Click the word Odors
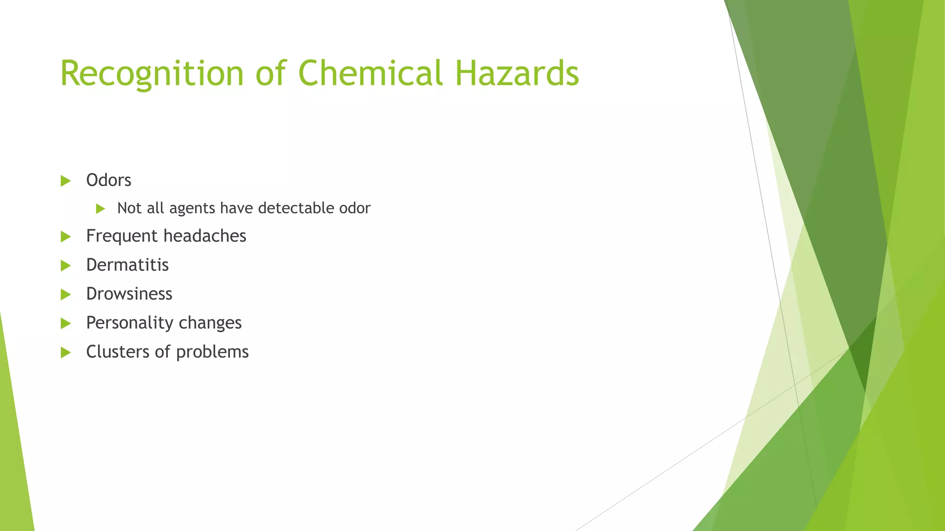pos(108,180)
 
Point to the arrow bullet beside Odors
pos(66,181)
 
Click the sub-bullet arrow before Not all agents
pos(101,209)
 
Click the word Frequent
pos(122,236)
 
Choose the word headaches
pos(205,236)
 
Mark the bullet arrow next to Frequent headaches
pos(66,237)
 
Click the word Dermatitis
pos(127,265)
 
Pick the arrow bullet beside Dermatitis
pos(66,265)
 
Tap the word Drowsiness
pos(129,294)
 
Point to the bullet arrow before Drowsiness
pos(66,295)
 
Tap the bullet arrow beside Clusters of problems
pos(66,353)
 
